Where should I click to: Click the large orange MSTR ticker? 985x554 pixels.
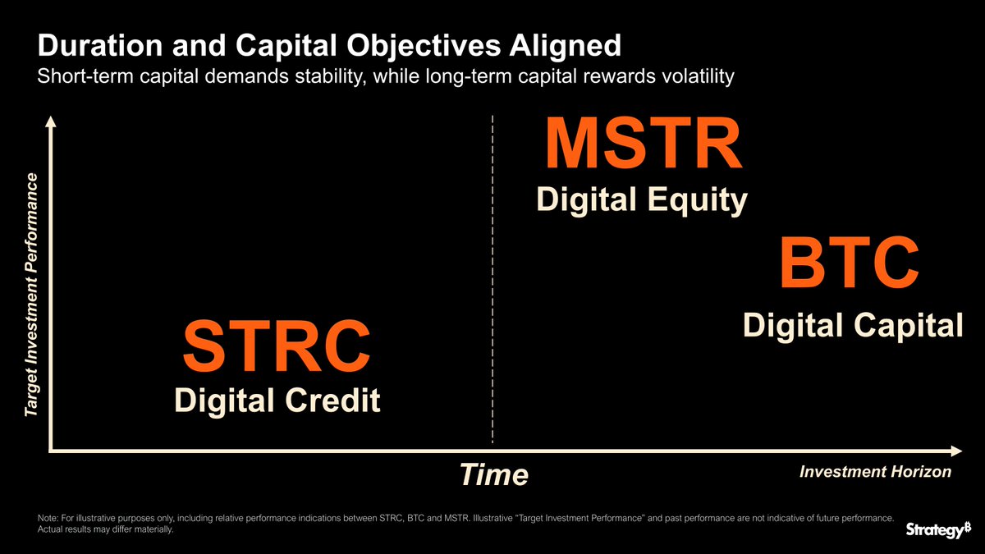tap(644, 144)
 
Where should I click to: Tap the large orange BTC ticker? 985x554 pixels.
tap(850, 263)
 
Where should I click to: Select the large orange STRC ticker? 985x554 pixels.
tap(277, 346)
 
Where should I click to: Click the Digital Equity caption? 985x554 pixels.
tap(642, 200)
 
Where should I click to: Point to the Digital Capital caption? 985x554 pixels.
tap(853, 327)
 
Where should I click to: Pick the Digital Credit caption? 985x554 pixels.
tap(277, 401)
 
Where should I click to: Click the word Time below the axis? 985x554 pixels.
tap(494, 474)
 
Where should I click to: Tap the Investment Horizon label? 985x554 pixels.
tap(876, 472)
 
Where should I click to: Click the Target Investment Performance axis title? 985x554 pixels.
tap(31, 295)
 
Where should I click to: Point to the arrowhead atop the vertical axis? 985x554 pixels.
tap(51, 121)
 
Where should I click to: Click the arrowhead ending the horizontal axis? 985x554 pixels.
tap(956, 451)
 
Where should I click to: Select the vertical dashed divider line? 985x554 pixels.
tap(492, 279)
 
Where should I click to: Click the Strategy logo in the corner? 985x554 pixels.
tap(938, 530)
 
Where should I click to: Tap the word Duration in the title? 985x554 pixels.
tap(100, 45)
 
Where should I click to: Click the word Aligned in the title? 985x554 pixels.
tap(566, 46)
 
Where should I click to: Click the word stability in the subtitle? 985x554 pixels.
tap(330, 76)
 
